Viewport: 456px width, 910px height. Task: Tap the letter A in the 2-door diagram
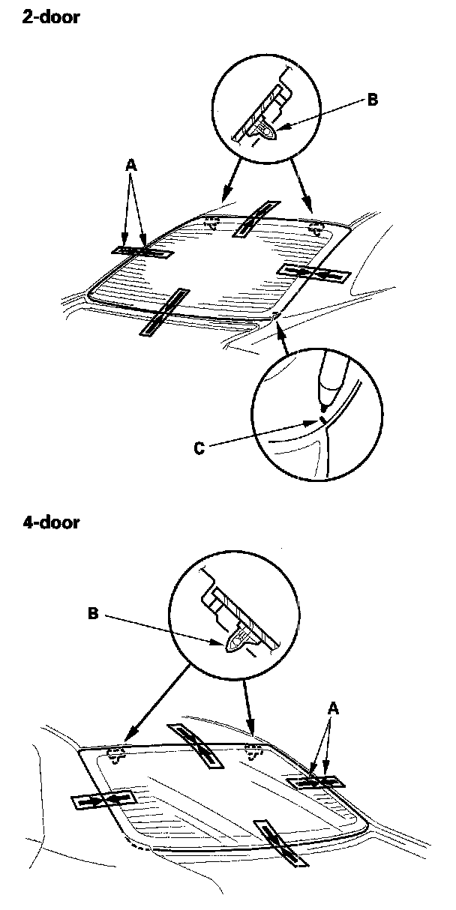click(132, 169)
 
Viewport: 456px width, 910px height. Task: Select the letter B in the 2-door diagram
click(373, 98)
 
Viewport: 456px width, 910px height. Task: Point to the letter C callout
click(198, 448)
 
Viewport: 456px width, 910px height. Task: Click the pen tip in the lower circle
click(323, 406)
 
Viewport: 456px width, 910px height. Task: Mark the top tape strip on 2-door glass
click(256, 218)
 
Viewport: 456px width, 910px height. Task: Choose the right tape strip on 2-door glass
click(313, 273)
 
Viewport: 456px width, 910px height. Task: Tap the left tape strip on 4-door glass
click(103, 801)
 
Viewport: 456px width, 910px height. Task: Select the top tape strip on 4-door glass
click(196, 746)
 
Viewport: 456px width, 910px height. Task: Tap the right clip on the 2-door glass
click(316, 226)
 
